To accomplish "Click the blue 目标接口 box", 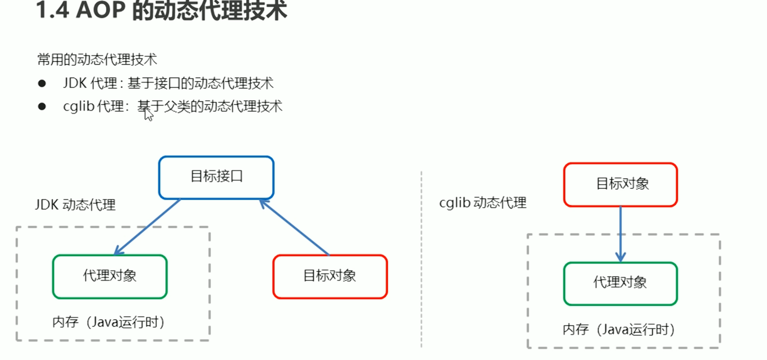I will coord(216,177).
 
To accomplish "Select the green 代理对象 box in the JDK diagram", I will coord(110,277).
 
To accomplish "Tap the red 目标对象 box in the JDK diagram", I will coord(330,277).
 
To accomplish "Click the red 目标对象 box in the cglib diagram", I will coord(620,184).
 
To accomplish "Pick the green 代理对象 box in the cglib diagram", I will coord(620,284).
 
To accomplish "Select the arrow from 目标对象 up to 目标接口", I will coord(294,227).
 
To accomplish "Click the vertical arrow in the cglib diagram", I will coord(621,234).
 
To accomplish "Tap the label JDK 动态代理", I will coord(75,205).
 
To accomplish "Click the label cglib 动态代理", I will coord(483,203).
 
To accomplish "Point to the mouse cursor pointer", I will coord(148,114).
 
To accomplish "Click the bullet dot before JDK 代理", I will coord(42,83).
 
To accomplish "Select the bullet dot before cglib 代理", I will coord(42,106).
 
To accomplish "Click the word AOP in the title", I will coord(101,10).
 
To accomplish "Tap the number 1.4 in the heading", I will coord(53,10).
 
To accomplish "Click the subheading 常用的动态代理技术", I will coord(97,60).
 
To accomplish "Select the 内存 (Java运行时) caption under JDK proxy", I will coord(108,322).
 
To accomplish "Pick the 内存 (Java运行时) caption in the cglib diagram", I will coord(619,330).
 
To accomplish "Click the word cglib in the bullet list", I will coord(78,107).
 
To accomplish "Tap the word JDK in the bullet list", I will coord(75,83).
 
